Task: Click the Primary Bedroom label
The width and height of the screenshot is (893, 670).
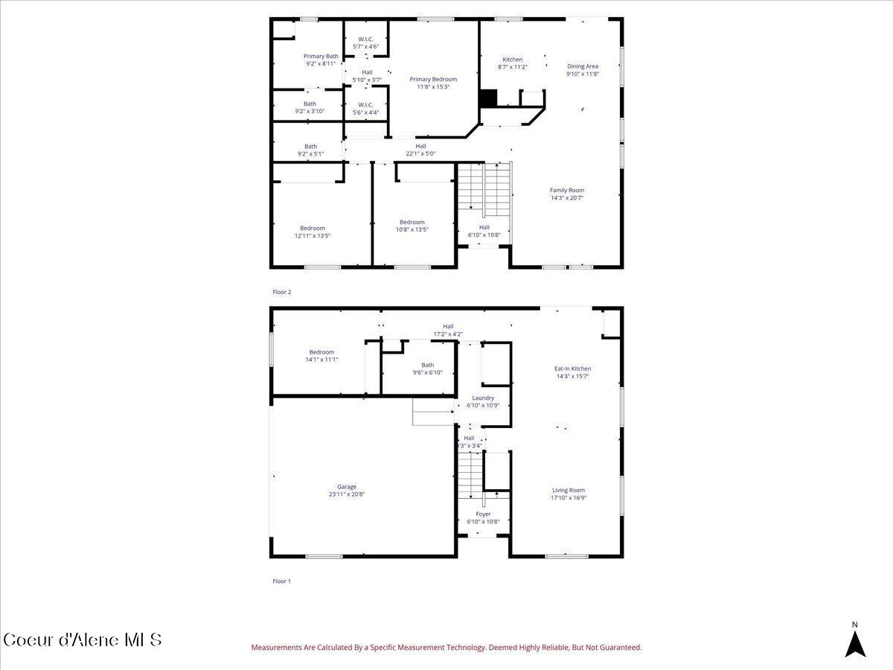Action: [x=433, y=79]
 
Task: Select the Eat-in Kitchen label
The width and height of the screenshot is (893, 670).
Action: [x=572, y=368]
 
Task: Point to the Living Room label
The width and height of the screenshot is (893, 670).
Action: [x=568, y=490]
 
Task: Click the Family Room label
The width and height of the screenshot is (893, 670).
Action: [x=566, y=190]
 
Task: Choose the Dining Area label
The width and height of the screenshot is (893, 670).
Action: [x=582, y=66]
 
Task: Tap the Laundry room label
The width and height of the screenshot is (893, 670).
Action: [x=483, y=398]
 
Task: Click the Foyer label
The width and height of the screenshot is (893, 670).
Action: [x=483, y=514]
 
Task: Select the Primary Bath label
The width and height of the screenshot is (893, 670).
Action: [x=321, y=56]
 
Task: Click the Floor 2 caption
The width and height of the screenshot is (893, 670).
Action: [x=282, y=292]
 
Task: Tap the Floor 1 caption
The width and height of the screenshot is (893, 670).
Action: [x=281, y=581]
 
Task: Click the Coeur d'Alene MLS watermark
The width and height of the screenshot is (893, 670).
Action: [x=82, y=639]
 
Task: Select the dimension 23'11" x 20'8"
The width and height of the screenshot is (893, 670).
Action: [x=347, y=494]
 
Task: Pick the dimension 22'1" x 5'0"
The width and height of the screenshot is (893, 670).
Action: [x=420, y=154]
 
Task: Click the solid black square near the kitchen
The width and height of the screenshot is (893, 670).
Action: [x=487, y=98]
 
